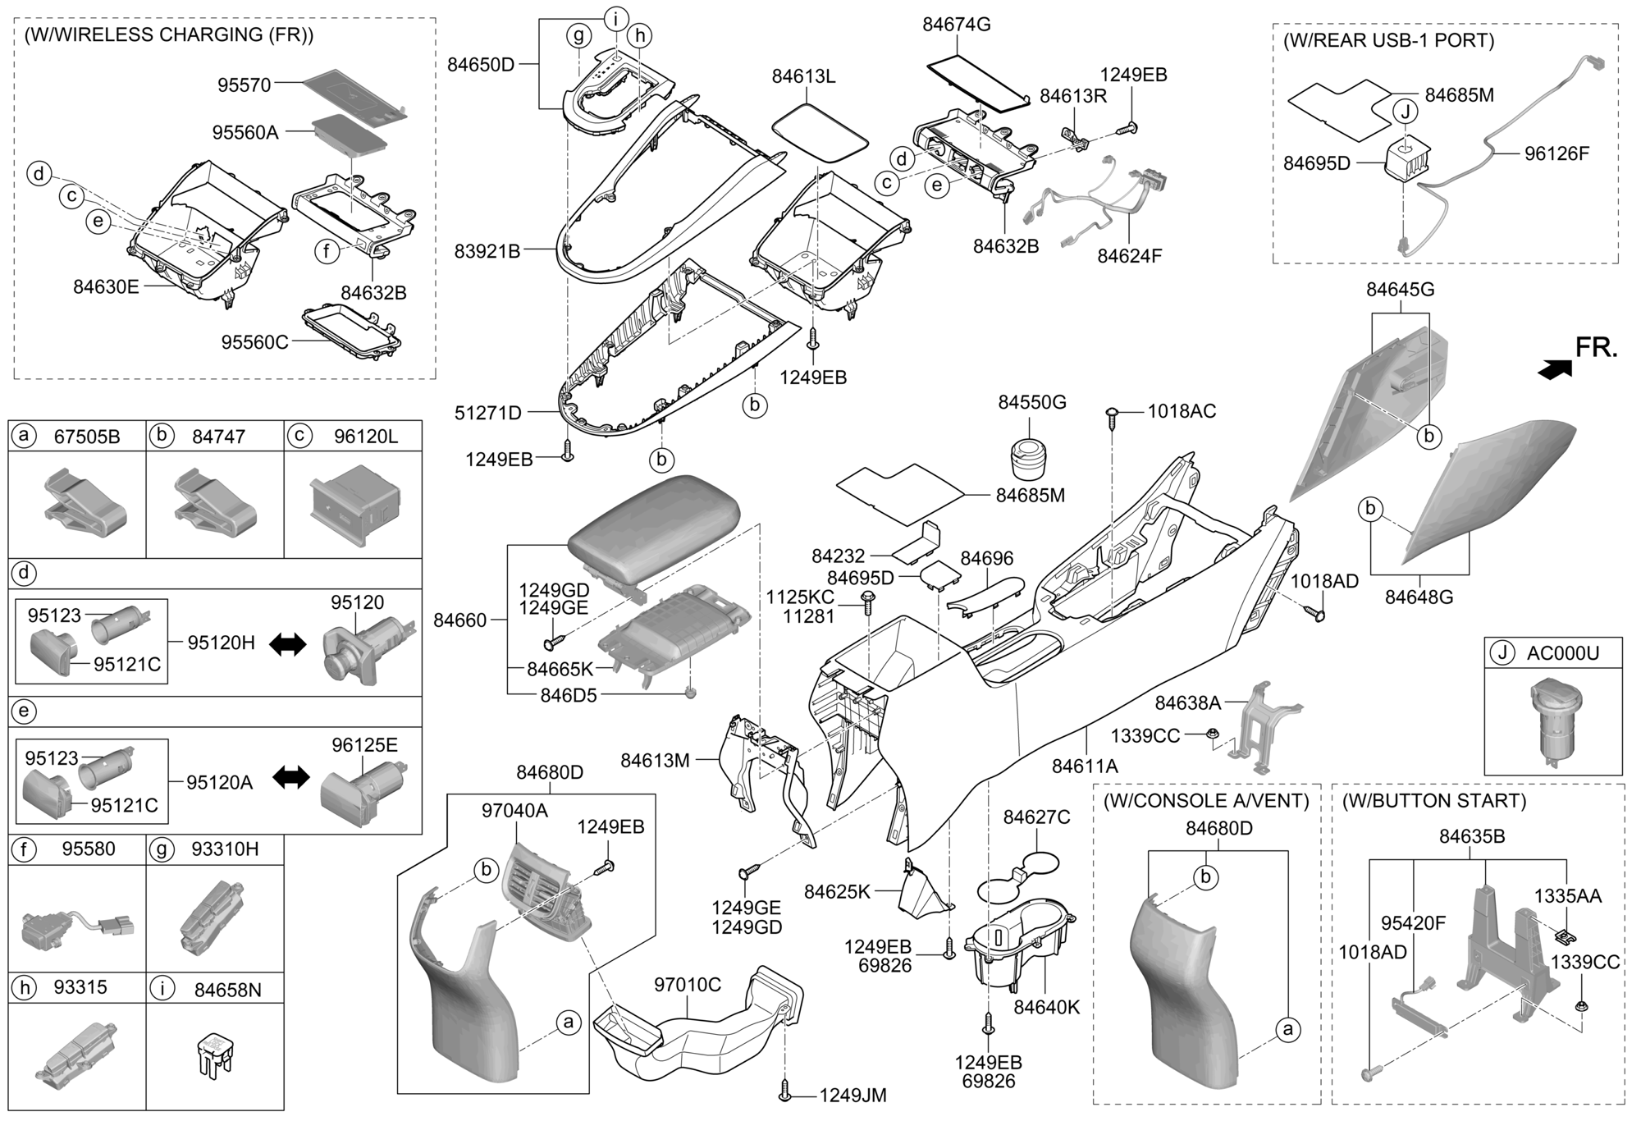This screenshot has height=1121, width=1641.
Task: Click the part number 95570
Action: (x=244, y=85)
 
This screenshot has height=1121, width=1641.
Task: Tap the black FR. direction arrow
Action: (x=1555, y=370)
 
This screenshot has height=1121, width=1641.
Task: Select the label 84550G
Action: (x=1031, y=402)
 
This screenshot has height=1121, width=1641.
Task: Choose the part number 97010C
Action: (x=687, y=984)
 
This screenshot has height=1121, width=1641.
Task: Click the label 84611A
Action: (x=1086, y=766)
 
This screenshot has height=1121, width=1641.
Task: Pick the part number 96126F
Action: (x=1556, y=153)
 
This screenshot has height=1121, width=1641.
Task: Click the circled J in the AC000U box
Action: (x=1502, y=653)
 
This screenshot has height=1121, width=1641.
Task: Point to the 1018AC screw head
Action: (x=1113, y=411)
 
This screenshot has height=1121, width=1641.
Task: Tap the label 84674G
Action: (x=956, y=25)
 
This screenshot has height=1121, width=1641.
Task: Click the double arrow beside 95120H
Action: (x=287, y=644)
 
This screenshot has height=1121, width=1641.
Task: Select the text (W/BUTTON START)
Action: (x=1433, y=800)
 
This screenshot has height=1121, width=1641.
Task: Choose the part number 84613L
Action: (x=803, y=76)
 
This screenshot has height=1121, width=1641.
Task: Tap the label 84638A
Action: (x=1188, y=703)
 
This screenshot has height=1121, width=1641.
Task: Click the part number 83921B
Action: (x=487, y=251)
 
